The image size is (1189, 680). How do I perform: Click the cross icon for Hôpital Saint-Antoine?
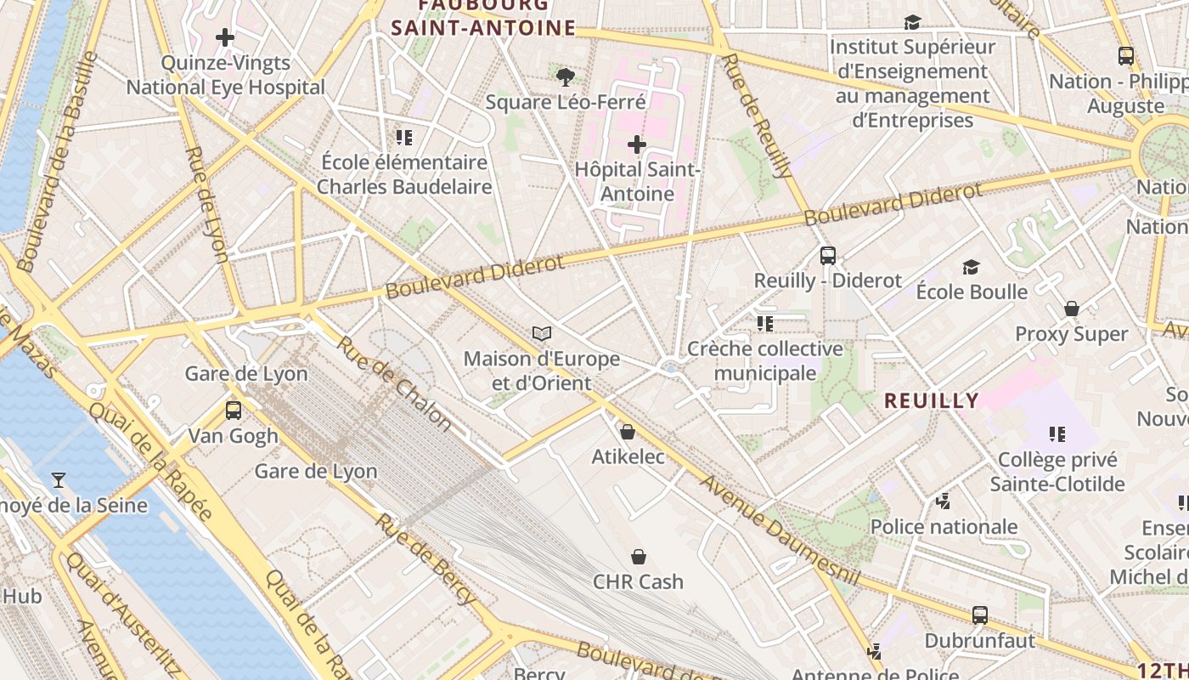click(637, 144)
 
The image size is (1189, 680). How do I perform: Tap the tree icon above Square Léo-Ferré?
click(565, 77)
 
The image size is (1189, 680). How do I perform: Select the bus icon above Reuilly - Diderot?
click(828, 255)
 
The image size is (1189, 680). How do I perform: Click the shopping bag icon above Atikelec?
click(628, 432)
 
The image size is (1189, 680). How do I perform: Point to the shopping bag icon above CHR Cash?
click(639, 557)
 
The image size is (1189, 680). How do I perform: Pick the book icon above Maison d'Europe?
click(542, 333)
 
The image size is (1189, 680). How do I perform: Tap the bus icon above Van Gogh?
click(234, 411)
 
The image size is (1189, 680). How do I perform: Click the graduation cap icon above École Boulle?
click(972, 267)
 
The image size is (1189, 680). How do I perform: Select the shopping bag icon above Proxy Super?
click(1072, 309)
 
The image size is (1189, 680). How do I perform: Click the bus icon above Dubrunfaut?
click(980, 615)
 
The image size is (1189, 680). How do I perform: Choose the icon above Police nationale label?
click(944, 501)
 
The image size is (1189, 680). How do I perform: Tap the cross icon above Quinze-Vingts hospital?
click(225, 37)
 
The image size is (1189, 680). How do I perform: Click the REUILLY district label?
click(932, 400)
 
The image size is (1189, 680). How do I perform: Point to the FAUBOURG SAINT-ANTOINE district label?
click(483, 17)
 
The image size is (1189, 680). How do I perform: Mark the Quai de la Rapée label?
click(151, 460)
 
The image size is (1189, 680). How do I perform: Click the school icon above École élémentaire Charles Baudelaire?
click(404, 137)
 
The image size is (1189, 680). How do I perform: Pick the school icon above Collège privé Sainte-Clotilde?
click(1057, 434)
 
